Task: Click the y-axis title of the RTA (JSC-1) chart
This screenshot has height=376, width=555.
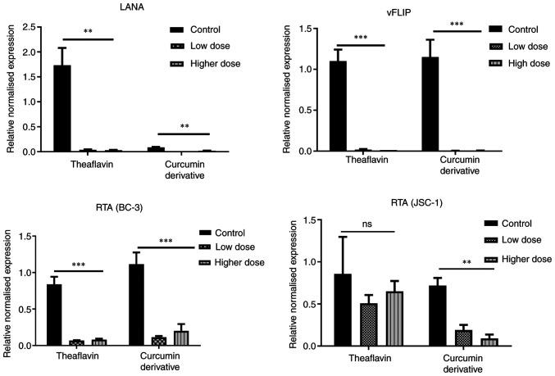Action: (284, 282)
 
